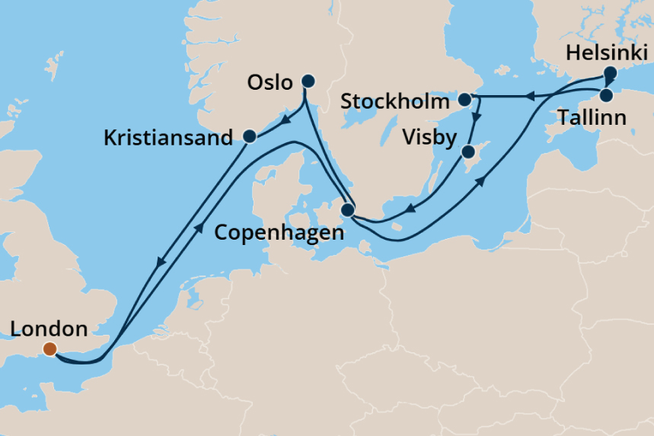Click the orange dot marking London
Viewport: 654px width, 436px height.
click(x=49, y=349)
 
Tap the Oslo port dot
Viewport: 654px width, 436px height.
click(x=308, y=81)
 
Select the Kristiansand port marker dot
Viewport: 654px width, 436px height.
click(x=249, y=136)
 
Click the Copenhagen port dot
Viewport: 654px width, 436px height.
click(x=348, y=210)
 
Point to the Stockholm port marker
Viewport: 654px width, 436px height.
click(x=464, y=99)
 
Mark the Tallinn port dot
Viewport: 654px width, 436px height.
click(x=606, y=95)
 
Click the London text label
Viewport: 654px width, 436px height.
click(x=49, y=329)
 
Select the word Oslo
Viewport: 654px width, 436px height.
click(x=270, y=82)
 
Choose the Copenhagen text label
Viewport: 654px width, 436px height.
click(x=279, y=233)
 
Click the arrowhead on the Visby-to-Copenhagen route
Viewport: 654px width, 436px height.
click(x=408, y=209)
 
